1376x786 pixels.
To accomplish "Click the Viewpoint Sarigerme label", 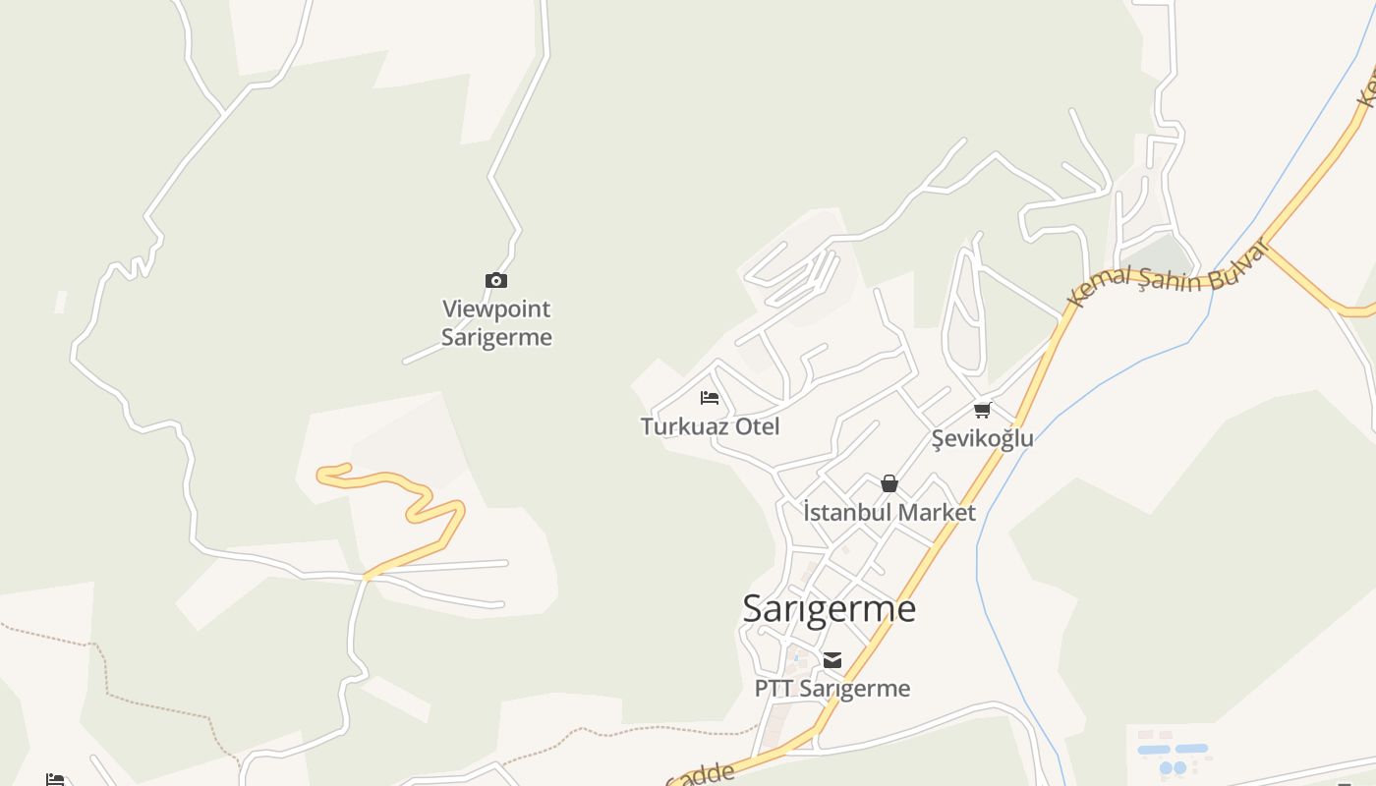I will (496, 323).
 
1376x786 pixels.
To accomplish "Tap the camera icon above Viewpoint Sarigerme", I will (496, 281).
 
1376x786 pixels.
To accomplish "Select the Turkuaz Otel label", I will (710, 426).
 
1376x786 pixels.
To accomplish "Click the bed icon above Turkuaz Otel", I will (710, 398).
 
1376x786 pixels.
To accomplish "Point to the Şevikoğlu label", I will (982, 438).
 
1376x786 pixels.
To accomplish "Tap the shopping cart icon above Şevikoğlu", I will (982, 410).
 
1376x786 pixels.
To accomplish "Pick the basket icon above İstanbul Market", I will (889, 483).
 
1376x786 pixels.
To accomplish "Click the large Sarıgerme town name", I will (829, 608).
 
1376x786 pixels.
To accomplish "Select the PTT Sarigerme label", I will (831, 689).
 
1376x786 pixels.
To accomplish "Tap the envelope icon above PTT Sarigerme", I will (832, 660).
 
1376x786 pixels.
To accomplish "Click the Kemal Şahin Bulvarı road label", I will (1170, 274).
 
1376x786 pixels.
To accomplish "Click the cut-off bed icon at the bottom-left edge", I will (55, 780).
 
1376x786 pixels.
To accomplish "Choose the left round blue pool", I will (1166, 767).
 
